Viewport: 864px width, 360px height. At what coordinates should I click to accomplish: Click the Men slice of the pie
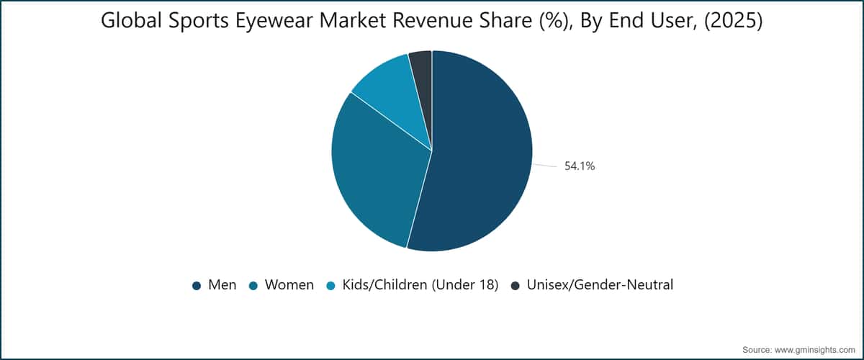tap(478, 154)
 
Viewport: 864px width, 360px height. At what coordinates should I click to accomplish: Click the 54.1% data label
tap(580, 166)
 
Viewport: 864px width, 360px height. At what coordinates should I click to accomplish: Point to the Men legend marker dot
tap(197, 286)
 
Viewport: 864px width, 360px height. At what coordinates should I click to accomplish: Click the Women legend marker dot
tap(253, 286)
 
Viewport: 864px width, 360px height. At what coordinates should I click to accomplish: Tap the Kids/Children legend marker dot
tap(331, 286)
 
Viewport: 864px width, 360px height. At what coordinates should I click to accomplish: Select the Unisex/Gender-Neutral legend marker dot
tap(516, 286)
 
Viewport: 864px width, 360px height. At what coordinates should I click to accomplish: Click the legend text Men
tap(222, 284)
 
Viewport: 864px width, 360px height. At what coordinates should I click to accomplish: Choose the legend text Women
tap(289, 284)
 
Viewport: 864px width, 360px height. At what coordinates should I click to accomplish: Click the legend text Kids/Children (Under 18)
tap(420, 285)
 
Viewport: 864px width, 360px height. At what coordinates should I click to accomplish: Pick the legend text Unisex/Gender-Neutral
tap(600, 284)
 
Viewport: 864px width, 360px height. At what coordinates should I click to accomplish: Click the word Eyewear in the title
tap(274, 21)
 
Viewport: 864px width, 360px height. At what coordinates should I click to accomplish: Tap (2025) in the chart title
tap(733, 21)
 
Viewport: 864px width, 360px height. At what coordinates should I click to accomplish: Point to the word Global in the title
tap(132, 20)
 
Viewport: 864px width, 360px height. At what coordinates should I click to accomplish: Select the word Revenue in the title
tap(433, 21)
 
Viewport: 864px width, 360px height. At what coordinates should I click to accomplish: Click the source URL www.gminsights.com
tap(814, 350)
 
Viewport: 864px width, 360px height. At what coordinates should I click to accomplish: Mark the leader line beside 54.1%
tap(544, 166)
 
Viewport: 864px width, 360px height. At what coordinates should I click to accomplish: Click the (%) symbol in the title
tap(554, 21)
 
